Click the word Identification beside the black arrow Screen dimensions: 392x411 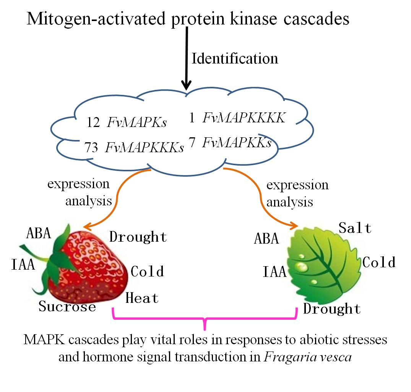[234, 59]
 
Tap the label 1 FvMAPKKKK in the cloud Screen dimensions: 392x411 [237, 118]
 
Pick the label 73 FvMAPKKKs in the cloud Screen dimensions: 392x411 [134, 147]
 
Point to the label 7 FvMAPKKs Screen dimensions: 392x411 [230, 143]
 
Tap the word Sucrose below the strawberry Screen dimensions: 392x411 [67, 306]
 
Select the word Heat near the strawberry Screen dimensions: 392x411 [142, 298]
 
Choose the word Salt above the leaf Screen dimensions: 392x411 [355, 228]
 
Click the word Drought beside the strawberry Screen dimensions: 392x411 [138, 237]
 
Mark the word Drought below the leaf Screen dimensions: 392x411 [332, 309]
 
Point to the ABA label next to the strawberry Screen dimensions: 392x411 [38, 233]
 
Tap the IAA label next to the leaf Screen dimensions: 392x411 [275, 272]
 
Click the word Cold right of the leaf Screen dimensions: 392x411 [379, 262]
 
